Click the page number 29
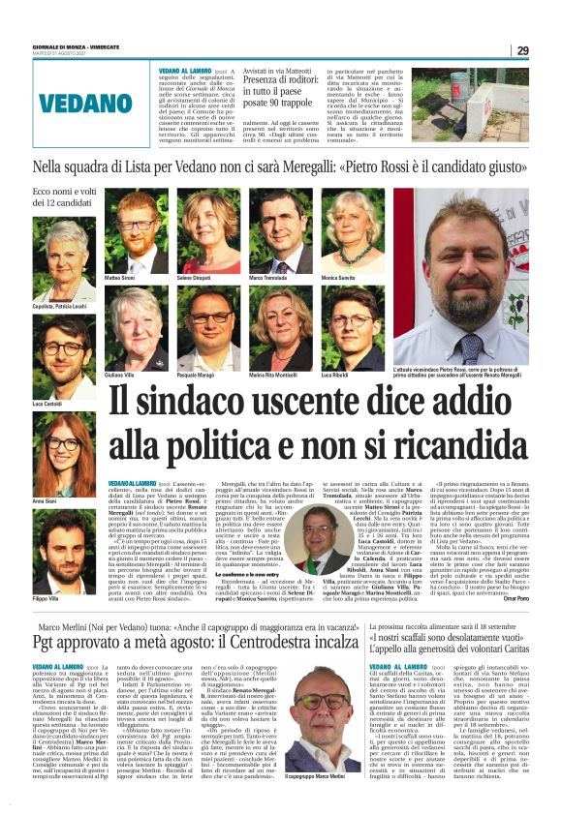(x=522, y=50)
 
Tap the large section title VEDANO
(x=61, y=101)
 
